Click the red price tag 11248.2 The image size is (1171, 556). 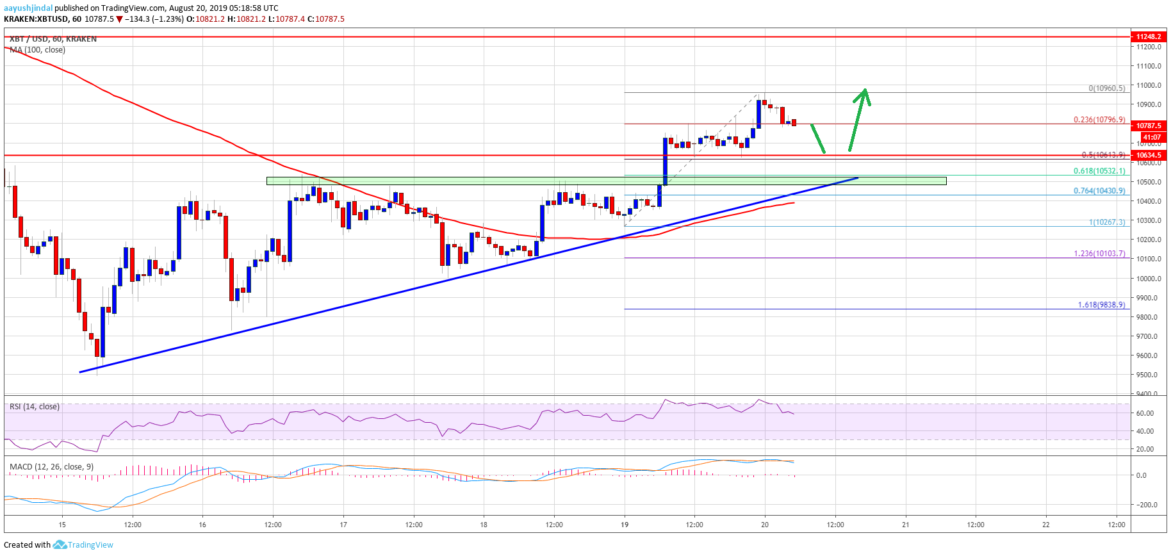pyautogui.click(x=1149, y=37)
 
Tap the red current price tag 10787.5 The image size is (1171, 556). pyautogui.click(x=1149, y=126)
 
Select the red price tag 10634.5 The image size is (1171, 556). pyautogui.click(x=1149, y=155)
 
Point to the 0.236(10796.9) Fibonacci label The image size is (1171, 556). pyautogui.click(x=1099, y=120)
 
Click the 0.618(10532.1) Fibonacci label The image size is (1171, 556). pyautogui.click(x=1099, y=171)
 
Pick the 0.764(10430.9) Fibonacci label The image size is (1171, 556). pyautogui.click(x=1099, y=191)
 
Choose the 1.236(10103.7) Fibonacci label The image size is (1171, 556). pyautogui.click(x=1099, y=254)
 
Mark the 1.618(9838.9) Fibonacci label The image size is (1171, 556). pyautogui.click(x=1101, y=305)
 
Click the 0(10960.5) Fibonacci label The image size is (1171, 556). pyautogui.click(x=1106, y=88)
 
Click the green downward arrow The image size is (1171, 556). pyautogui.click(x=818, y=138)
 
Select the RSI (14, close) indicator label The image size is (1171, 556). pyautogui.click(x=35, y=407)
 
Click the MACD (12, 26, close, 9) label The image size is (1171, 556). pyautogui.click(x=51, y=467)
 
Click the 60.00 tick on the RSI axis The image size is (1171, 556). pyautogui.click(x=1145, y=413)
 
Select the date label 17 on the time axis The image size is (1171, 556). pyautogui.click(x=343, y=525)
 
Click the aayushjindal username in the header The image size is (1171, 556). pyautogui.click(x=28, y=8)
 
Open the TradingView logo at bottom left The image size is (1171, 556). pyautogui.click(x=83, y=545)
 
